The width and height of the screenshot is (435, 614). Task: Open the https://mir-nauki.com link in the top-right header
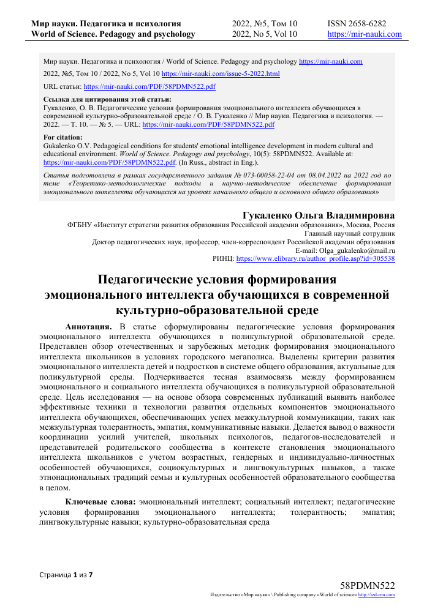365,34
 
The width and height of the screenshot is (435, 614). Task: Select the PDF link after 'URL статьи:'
149,87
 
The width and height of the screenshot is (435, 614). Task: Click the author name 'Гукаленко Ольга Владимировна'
319,215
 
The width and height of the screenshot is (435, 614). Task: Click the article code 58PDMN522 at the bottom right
366,586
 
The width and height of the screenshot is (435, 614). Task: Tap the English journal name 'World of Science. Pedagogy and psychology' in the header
113,34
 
